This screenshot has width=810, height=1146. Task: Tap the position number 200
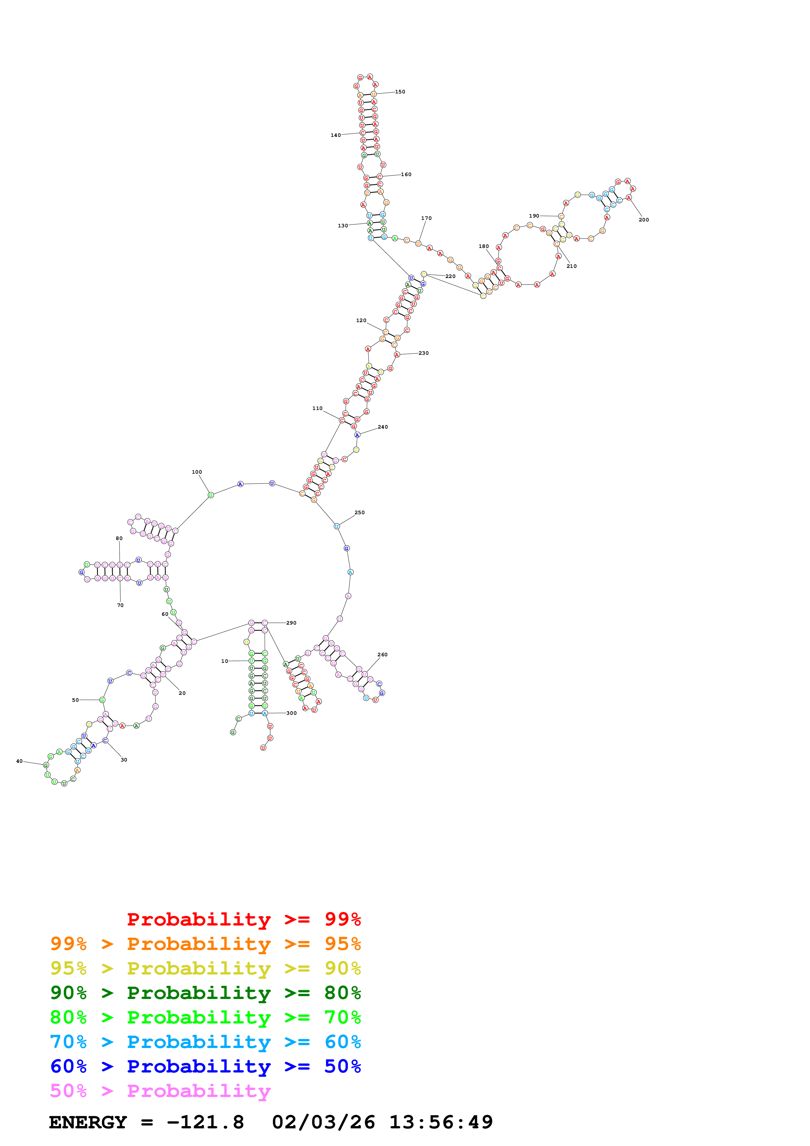[644, 220]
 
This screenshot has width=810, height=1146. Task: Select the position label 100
[197, 472]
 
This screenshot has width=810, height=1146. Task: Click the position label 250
[359, 513]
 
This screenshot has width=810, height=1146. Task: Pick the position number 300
[291, 713]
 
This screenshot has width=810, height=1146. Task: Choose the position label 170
[426, 218]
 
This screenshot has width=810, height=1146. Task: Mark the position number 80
[119, 539]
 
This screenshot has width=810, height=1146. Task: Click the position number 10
[224, 661]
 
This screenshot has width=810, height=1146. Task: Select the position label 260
[382, 654]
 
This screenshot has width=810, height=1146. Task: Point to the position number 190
[534, 216]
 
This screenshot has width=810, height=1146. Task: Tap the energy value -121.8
[205, 1122]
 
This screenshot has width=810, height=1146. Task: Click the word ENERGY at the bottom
[88, 1122]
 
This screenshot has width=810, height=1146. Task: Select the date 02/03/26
[323, 1122]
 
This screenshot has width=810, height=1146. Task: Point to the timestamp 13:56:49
[441, 1122]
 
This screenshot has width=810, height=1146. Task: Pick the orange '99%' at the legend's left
[68, 944]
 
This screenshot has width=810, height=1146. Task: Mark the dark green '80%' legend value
[342, 993]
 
